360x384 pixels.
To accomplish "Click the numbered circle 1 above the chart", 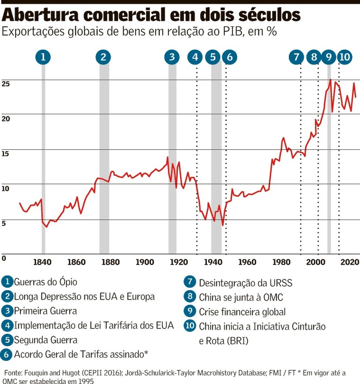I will pyautogui.click(x=43, y=57).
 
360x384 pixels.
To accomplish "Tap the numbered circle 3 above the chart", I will pyautogui.click(x=172, y=57).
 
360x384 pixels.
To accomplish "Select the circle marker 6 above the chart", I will pyautogui.click(x=229, y=57).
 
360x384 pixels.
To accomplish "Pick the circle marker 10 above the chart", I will pyautogui.click(x=344, y=57).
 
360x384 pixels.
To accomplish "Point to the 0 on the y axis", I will pyautogui.click(x=4, y=258).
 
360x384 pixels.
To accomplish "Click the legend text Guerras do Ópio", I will pyautogui.click(x=46, y=282).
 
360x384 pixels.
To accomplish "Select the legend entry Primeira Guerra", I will pyautogui.click(x=46, y=311).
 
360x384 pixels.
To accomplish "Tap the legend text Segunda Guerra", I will pyautogui.click(x=46, y=340).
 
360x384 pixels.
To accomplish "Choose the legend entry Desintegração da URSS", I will pyautogui.click(x=246, y=283).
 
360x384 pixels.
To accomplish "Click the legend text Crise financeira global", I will pyautogui.click(x=242, y=312).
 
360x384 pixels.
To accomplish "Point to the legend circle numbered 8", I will pyautogui.click(x=190, y=297).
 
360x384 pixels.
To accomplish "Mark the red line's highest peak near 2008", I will pyautogui.click(x=330, y=80).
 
